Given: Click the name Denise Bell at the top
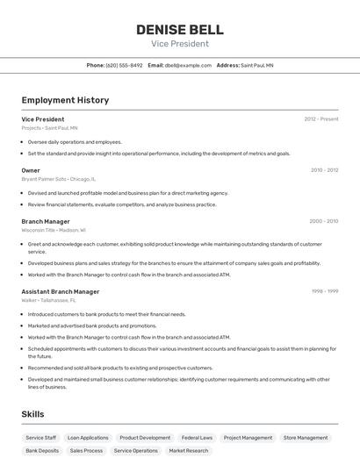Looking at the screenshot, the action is (179, 30).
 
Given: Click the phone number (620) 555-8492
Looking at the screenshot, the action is (124, 65).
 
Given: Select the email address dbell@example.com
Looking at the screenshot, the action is (187, 65).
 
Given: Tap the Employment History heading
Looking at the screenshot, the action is (65, 100).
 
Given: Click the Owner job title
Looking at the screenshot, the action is (31, 170).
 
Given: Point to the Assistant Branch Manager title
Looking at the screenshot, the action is (60, 291).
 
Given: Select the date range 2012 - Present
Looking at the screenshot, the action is (321, 118).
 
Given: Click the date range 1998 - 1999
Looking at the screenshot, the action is (325, 291).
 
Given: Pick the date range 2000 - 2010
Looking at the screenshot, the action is (324, 221).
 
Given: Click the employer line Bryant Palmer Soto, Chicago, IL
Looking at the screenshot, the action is (56, 179).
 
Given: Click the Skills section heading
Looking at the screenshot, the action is (32, 414).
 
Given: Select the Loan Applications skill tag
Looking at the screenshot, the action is (88, 437).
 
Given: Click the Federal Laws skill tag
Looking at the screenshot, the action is (197, 437).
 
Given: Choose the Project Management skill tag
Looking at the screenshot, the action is (248, 437).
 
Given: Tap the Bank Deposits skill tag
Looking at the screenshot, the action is (42, 451).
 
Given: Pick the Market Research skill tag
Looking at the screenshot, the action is (188, 451).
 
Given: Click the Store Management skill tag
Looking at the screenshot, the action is (306, 437).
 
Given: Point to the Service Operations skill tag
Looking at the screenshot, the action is (135, 451).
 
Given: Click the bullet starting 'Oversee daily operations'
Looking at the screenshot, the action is (75, 141).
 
